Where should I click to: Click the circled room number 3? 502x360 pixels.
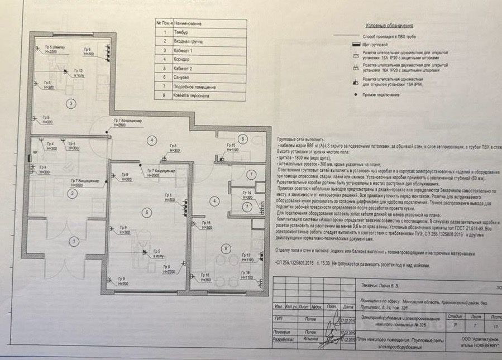(x=71, y=103)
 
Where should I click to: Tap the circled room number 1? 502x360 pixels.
(x=73, y=241)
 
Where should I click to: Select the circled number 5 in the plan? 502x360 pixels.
(x=147, y=212)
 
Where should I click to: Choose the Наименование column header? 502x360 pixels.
(x=188, y=24)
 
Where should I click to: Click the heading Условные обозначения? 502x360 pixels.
(x=389, y=26)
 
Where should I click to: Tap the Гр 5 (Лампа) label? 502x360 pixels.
(x=51, y=49)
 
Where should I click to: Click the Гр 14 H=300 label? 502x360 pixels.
(x=246, y=195)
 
